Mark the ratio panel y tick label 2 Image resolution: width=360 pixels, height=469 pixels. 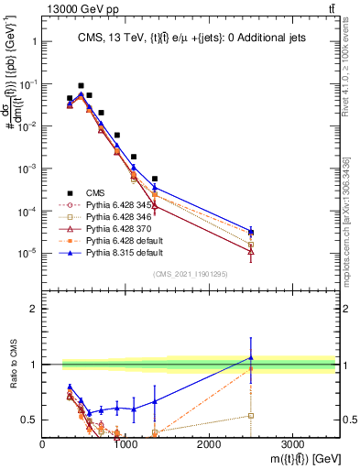33,309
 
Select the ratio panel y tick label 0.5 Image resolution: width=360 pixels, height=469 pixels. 29,420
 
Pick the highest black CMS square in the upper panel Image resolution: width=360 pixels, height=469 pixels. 81,85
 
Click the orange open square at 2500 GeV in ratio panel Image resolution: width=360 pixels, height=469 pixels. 250,416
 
